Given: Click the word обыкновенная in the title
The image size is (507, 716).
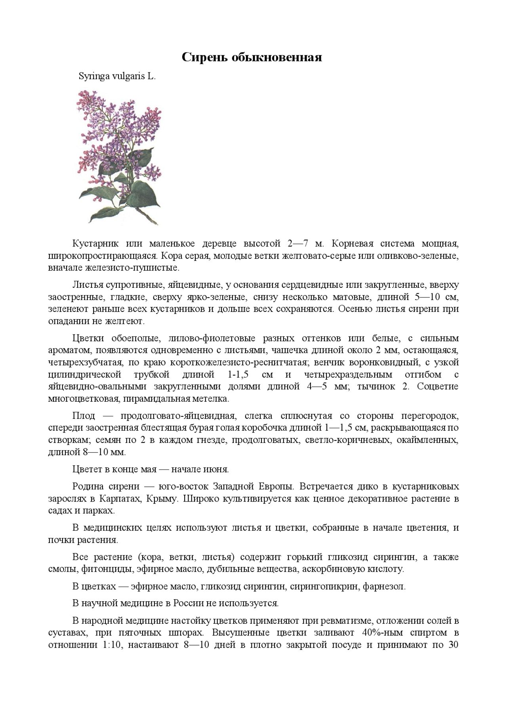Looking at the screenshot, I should (277, 58).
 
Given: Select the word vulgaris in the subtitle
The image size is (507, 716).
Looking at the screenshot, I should (129, 76).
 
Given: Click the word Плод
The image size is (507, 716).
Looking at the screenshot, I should (84, 416).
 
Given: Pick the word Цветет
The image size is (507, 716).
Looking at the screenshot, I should (87, 469).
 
